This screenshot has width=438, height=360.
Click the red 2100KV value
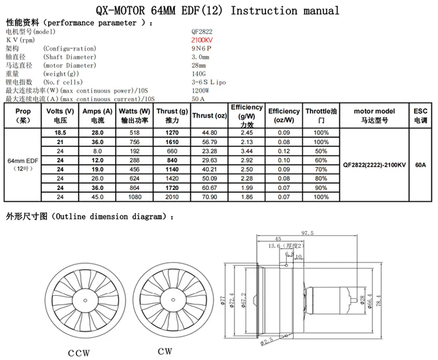coord(202,40)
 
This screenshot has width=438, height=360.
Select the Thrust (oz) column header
coord(210,116)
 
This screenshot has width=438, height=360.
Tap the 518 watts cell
coord(134,133)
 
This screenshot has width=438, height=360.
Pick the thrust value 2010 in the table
coord(172,197)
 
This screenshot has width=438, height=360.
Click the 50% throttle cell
coord(321,151)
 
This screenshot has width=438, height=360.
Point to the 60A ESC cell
coord(420,165)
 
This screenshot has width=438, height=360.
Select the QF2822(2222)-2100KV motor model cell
coord(374,165)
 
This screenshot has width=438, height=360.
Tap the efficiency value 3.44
coord(247,151)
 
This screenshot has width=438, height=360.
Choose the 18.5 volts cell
coord(60,133)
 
